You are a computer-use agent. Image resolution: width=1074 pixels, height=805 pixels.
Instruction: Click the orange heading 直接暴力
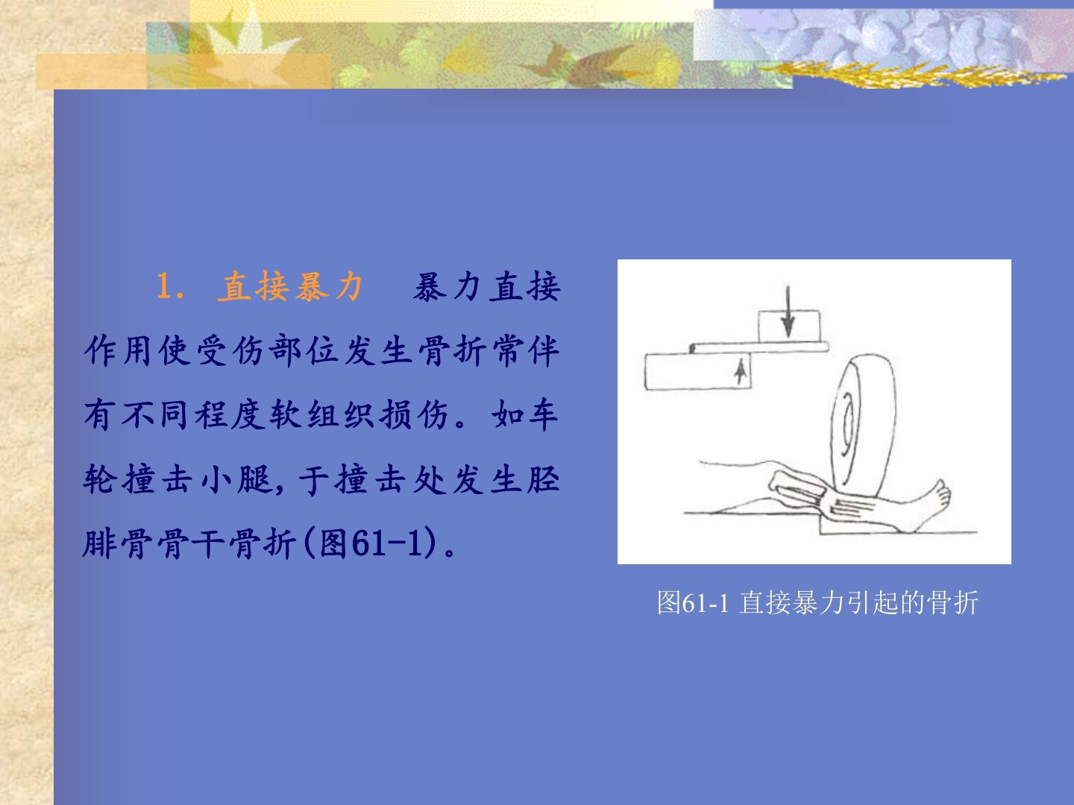[291, 286]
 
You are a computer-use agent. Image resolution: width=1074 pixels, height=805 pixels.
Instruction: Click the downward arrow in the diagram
[788, 312]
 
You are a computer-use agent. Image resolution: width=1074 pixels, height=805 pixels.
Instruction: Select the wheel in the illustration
[864, 424]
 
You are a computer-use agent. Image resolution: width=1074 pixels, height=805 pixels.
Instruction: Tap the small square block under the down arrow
[789, 326]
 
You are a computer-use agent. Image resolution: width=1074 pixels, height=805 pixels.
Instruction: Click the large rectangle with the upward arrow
[698, 371]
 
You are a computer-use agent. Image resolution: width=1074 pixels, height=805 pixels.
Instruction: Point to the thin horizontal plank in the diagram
[759, 347]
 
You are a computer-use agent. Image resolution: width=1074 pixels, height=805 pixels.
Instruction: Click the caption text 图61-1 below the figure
[693, 602]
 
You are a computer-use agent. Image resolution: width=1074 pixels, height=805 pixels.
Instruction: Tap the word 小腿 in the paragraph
[238, 479]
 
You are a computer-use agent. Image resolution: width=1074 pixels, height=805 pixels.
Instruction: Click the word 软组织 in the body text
[322, 414]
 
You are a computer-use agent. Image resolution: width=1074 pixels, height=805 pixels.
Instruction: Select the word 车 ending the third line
[542, 414]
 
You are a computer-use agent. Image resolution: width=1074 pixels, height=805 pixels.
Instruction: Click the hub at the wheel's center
[849, 422]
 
